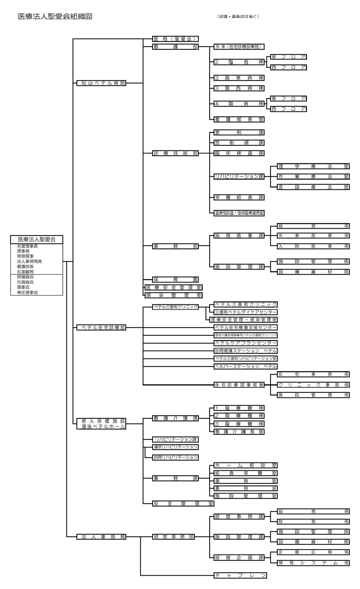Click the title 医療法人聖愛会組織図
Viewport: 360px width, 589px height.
(x=55, y=17)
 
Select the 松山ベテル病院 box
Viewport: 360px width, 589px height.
(x=101, y=83)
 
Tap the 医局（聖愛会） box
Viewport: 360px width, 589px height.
(x=175, y=39)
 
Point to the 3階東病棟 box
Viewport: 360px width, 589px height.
(x=239, y=78)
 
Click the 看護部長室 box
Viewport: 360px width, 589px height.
(x=239, y=119)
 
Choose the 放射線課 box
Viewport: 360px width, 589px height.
(x=239, y=143)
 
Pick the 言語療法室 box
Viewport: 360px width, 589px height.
(x=313, y=187)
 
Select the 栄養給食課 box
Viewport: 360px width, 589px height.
(x=239, y=197)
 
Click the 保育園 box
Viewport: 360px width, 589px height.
(x=175, y=280)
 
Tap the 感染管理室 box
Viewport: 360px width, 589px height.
(x=174, y=295)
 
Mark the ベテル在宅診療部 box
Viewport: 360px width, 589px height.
(x=101, y=328)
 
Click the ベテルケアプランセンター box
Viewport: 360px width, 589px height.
(x=245, y=343)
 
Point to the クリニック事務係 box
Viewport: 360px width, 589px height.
(x=313, y=385)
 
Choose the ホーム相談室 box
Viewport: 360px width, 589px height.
(x=245, y=466)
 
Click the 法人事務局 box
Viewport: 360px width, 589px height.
(x=101, y=537)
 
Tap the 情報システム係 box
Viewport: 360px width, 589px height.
(x=313, y=563)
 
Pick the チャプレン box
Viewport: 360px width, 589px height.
(x=240, y=575)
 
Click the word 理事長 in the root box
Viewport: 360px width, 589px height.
(x=23, y=251)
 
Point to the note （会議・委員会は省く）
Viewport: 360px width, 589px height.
(x=238, y=16)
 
